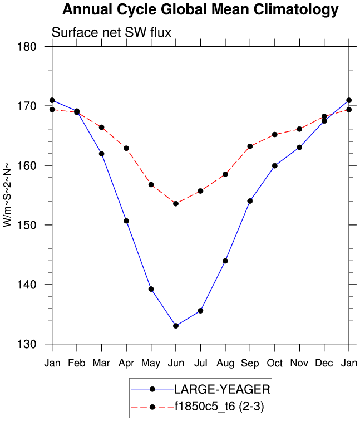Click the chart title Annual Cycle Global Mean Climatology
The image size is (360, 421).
[x=200, y=9]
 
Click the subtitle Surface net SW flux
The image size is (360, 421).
[x=111, y=33]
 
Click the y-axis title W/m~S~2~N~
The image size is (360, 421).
[x=8, y=195]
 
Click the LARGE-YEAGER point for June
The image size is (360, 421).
[x=176, y=326]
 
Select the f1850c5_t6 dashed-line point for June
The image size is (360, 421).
[x=176, y=204]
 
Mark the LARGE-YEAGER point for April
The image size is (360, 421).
[x=126, y=221]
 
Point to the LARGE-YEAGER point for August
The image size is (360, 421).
[x=225, y=261]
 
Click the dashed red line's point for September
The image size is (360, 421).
[x=250, y=146]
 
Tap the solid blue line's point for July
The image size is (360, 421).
[x=200, y=311]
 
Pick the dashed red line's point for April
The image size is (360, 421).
[x=126, y=148]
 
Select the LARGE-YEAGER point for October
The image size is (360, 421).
[x=275, y=165]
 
